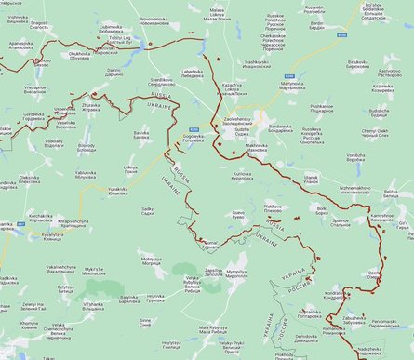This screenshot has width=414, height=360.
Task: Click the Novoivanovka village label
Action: [x=141, y=20]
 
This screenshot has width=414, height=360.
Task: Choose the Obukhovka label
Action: [x=87, y=55]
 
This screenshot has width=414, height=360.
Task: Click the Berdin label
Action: [x=315, y=25]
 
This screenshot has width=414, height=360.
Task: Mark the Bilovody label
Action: [x=87, y=147]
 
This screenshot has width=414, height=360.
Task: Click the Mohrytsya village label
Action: [x=151, y=261]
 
